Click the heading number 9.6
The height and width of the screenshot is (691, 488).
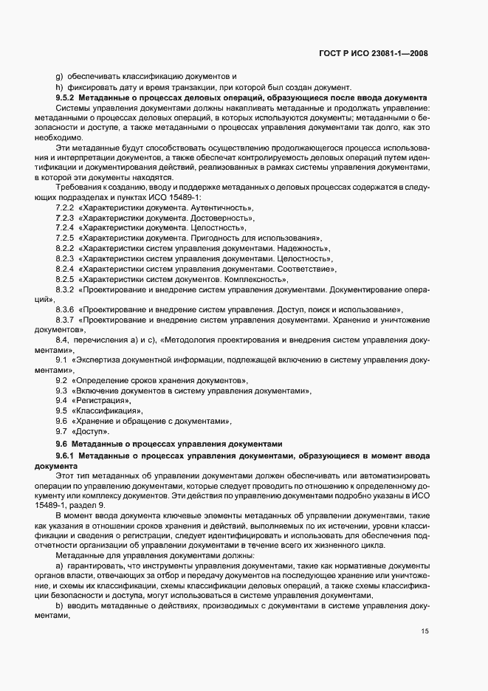pyautogui.click(x=62, y=444)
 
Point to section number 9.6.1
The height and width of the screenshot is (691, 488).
pyautogui.click(x=65, y=458)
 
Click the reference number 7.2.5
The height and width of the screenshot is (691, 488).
pyautogui.click(x=65, y=238)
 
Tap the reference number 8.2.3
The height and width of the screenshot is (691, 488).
pyautogui.click(x=65, y=259)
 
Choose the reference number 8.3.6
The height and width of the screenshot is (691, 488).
pyautogui.click(x=65, y=308)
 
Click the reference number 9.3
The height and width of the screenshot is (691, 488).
pyautogui.click(x=62, y=390)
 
